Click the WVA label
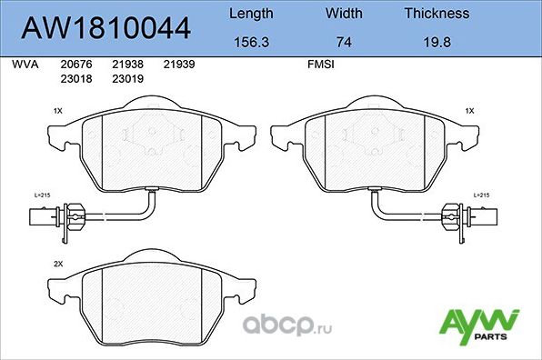tap(24, 65)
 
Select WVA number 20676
tap(75, 65)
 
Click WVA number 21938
tap(127, 65)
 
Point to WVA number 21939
tap(179, 65)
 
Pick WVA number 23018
tap(75, 78)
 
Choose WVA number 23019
tap(127, 78)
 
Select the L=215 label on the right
tap(481, 195)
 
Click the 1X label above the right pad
tap(469, 110)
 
